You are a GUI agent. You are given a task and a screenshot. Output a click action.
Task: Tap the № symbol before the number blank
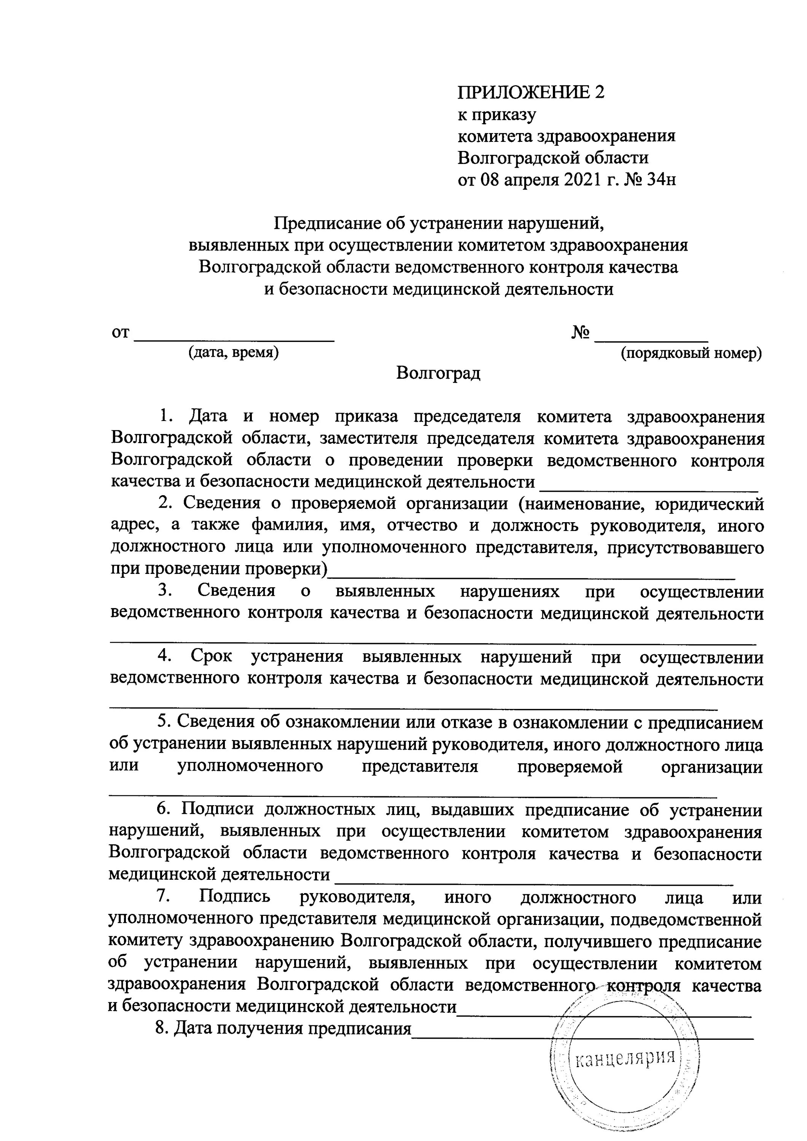(x=580, y=332)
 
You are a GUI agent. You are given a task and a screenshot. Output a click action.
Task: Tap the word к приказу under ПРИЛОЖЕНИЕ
(x=497, y=115)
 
